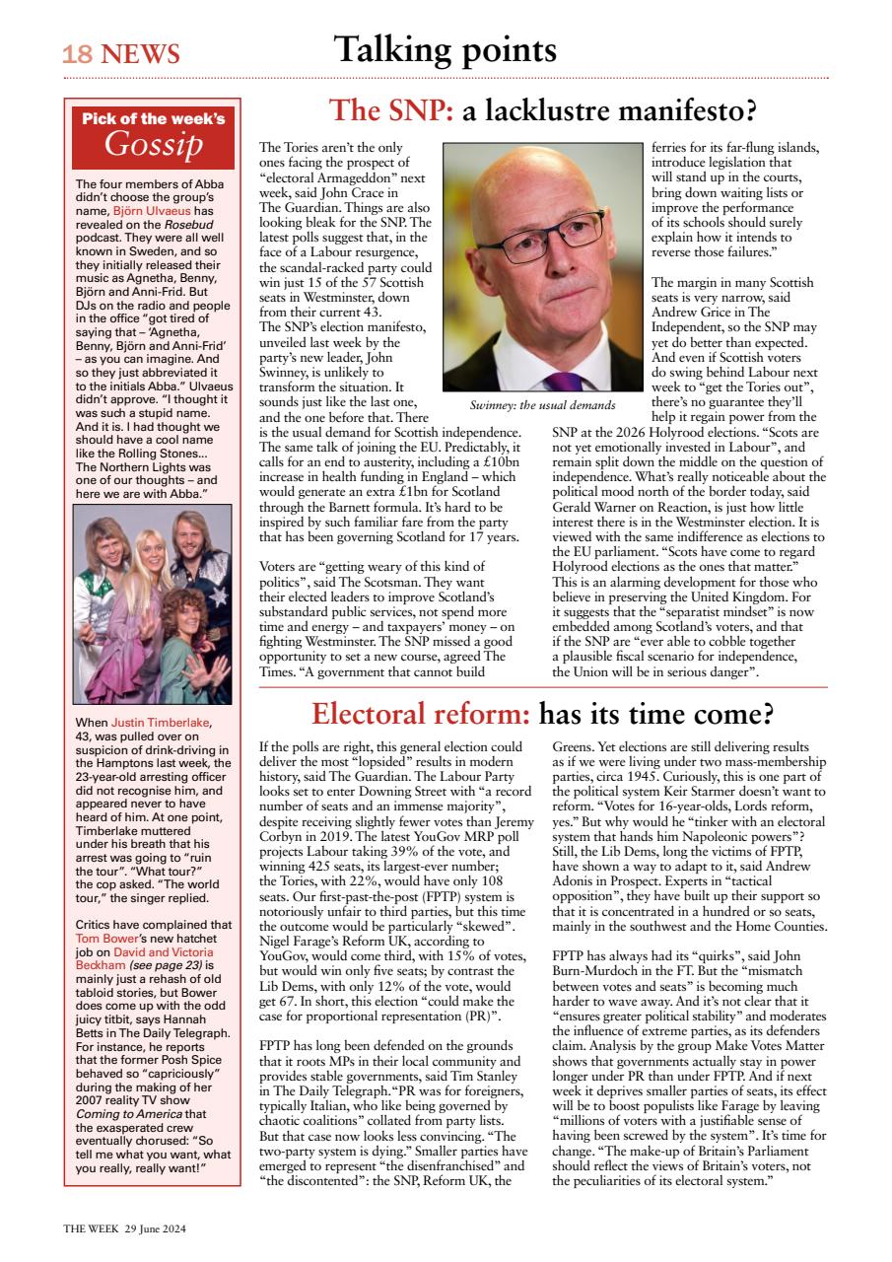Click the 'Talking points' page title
tap(445, 48)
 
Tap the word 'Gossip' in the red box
tap(154, 145)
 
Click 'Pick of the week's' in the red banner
tap(154, 119)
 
